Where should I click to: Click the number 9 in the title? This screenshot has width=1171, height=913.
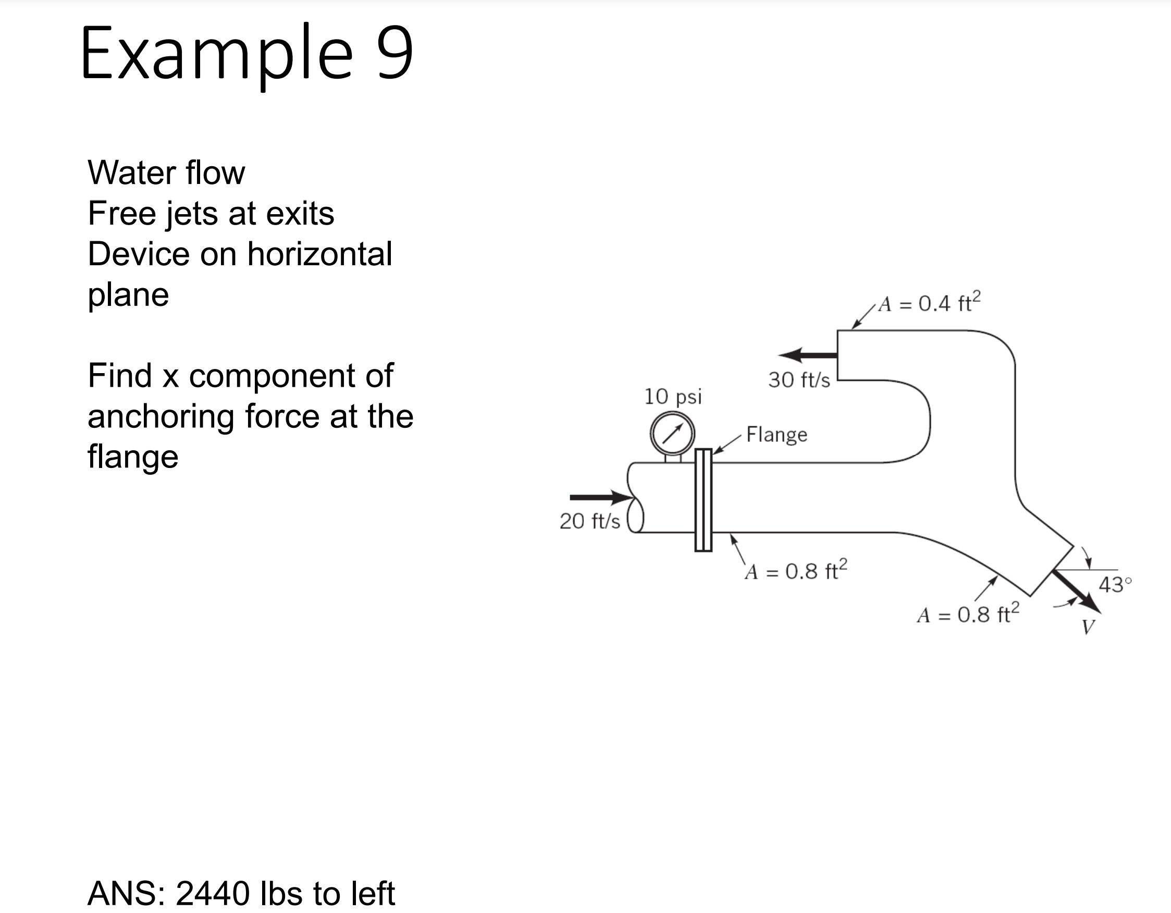point(395,53)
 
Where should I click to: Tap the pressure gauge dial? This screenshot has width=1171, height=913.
point(672,433)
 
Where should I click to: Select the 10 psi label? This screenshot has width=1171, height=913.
point(673,397)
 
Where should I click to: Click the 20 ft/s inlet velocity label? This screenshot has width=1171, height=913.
point(590,521)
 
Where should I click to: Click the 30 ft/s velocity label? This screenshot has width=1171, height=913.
point(799,380)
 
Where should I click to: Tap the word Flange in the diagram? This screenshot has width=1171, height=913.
point(776,434)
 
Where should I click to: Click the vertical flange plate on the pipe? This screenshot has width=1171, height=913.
point(704,500)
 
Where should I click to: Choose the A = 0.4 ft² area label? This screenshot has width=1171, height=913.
point(929,303)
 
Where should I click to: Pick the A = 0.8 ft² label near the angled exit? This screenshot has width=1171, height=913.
point(968,614)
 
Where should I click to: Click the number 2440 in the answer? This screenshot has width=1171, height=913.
point(212,893)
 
